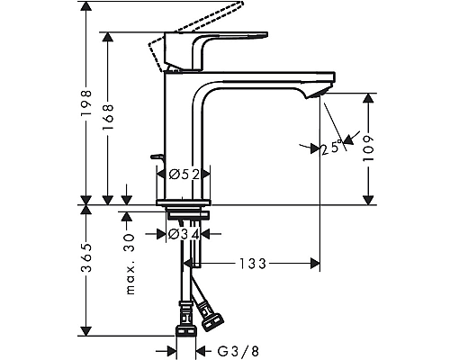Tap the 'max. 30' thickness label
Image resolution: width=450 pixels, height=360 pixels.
(x=129, y=261)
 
